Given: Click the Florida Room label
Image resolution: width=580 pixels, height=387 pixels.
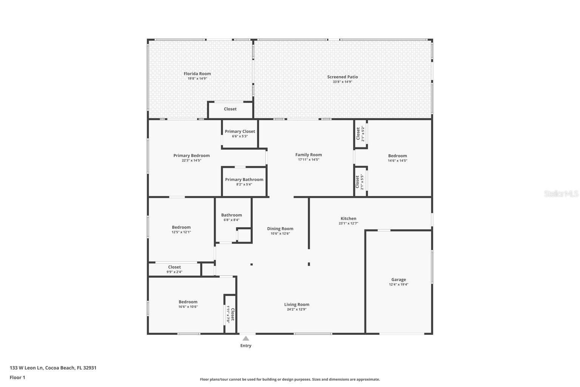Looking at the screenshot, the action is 197,74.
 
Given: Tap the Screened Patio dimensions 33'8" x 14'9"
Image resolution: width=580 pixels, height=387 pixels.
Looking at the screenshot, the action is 342,82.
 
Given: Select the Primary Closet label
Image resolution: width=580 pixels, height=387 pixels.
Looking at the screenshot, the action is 240,132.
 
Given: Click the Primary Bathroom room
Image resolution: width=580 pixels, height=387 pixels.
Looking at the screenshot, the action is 244,181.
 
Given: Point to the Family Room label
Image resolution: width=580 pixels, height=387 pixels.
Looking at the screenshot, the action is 309,155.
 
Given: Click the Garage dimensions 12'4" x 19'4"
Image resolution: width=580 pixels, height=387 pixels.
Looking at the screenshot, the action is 398,284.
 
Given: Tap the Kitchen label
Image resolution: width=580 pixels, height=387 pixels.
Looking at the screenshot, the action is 348,218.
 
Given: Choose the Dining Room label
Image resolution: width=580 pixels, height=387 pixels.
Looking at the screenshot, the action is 280,229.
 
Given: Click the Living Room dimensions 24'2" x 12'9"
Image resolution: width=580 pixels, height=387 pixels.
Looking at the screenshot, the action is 296,309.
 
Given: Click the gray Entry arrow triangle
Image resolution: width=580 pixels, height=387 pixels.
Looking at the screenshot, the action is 246,338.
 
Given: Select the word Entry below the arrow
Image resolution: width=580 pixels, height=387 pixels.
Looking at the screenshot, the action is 246,345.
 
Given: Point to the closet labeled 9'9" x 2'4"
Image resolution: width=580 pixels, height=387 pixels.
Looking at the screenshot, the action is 174,269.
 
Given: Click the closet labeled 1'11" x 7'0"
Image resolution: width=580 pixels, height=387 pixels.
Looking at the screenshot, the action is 230,314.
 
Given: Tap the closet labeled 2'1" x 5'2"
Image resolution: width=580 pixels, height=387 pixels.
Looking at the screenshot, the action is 360,134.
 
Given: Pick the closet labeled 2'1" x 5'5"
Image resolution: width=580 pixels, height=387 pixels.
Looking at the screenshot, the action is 360,182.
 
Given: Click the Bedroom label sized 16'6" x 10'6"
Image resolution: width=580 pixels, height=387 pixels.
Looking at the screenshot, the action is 188,302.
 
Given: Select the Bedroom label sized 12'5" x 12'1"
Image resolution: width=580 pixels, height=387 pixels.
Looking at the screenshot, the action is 181,228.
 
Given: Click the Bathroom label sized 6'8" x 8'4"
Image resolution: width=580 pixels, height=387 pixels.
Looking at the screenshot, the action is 231,215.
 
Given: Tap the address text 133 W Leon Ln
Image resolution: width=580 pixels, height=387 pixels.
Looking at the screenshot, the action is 26,368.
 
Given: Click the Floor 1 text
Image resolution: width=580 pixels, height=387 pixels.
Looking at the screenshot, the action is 17,378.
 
